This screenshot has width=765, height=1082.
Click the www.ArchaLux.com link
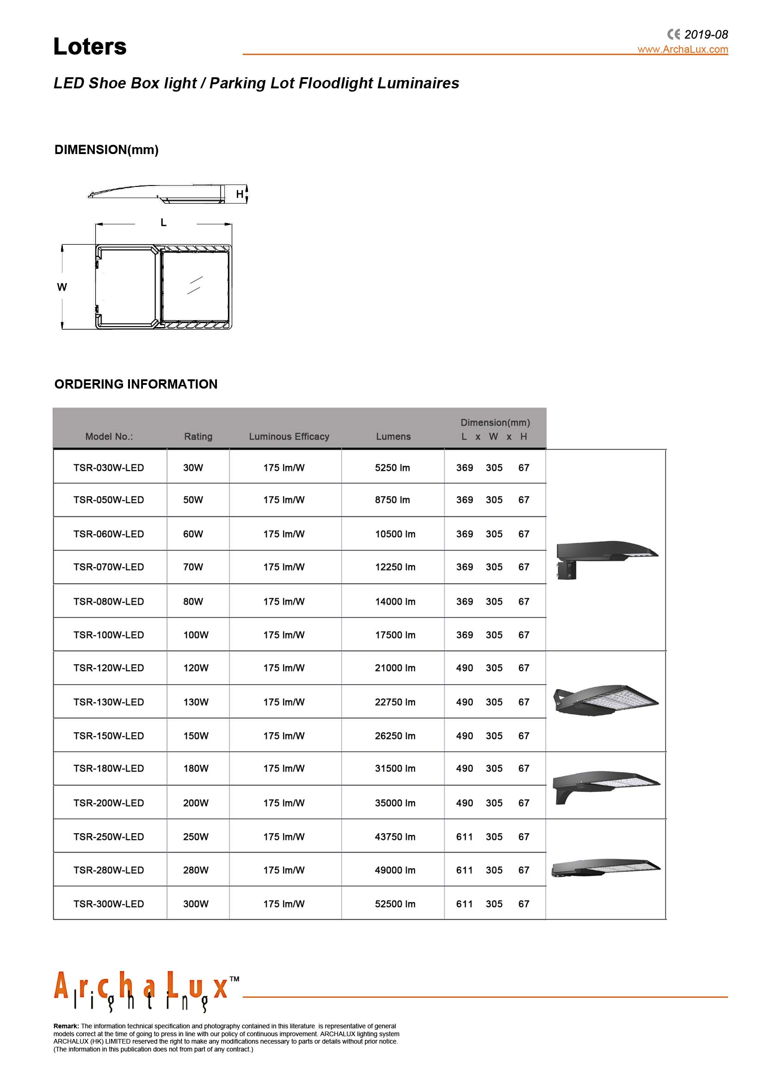click(682, 49)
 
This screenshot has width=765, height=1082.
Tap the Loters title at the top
click(90, 47)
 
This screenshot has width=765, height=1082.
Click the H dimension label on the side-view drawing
click(240, 194)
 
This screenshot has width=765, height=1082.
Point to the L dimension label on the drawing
click(163, 223)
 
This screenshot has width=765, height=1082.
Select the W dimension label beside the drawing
click(62, 287)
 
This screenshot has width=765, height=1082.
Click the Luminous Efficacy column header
click(289, 436)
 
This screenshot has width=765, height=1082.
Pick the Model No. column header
click(109, 436)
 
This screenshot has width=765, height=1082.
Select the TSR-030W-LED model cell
click(108, 468)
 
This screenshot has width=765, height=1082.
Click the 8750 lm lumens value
click(392, 500)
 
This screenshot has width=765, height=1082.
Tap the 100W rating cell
click(196, 635)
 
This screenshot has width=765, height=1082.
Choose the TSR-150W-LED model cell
click(108, 736)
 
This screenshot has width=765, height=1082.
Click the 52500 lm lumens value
click(395, 904)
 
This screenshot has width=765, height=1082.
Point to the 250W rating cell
click(196, 836)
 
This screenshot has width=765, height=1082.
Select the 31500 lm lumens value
click(395, 768)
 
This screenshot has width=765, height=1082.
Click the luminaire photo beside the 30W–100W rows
click(606, 559)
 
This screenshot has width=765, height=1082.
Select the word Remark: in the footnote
click(66, 1026)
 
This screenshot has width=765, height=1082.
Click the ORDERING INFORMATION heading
click(136, 384)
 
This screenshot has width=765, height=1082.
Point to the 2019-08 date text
click(706, 34)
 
